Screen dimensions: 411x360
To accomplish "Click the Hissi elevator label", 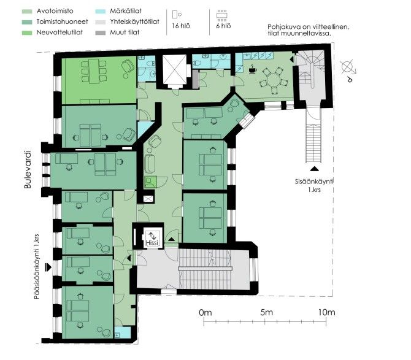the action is click(x=152, y=243).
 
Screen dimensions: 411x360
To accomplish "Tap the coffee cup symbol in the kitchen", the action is click(x=253, y=69).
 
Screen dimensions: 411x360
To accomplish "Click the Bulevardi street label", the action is click(x=28, y=169).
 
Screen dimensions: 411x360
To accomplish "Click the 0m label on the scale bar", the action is click(x=205, y=313).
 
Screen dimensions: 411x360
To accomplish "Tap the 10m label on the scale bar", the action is click(x=326, y=312).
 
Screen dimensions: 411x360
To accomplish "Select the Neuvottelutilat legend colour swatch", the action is click(x=27, y=33).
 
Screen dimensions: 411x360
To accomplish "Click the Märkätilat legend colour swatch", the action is click(x=101, y=11).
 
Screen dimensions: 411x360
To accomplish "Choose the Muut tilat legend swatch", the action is click(x=101, y=33).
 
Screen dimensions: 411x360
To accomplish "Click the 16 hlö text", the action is click(x=181, y=26).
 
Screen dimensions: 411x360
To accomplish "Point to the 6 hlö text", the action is click(x=223, y=26).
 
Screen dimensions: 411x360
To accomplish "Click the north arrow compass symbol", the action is click(x=348, y=69).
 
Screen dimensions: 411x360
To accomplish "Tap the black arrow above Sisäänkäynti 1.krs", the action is click(x=314, y=169).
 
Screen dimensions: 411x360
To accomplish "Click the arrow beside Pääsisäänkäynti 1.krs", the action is click(x=48, y=267).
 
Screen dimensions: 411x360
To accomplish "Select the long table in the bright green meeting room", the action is click(x=94, y=71).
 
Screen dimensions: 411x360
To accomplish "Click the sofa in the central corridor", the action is click(x=150, y=164).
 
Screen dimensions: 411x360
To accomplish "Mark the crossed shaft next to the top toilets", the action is click(x=174, y=69).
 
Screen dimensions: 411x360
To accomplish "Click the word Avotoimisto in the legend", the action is click(x=55, y=11).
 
